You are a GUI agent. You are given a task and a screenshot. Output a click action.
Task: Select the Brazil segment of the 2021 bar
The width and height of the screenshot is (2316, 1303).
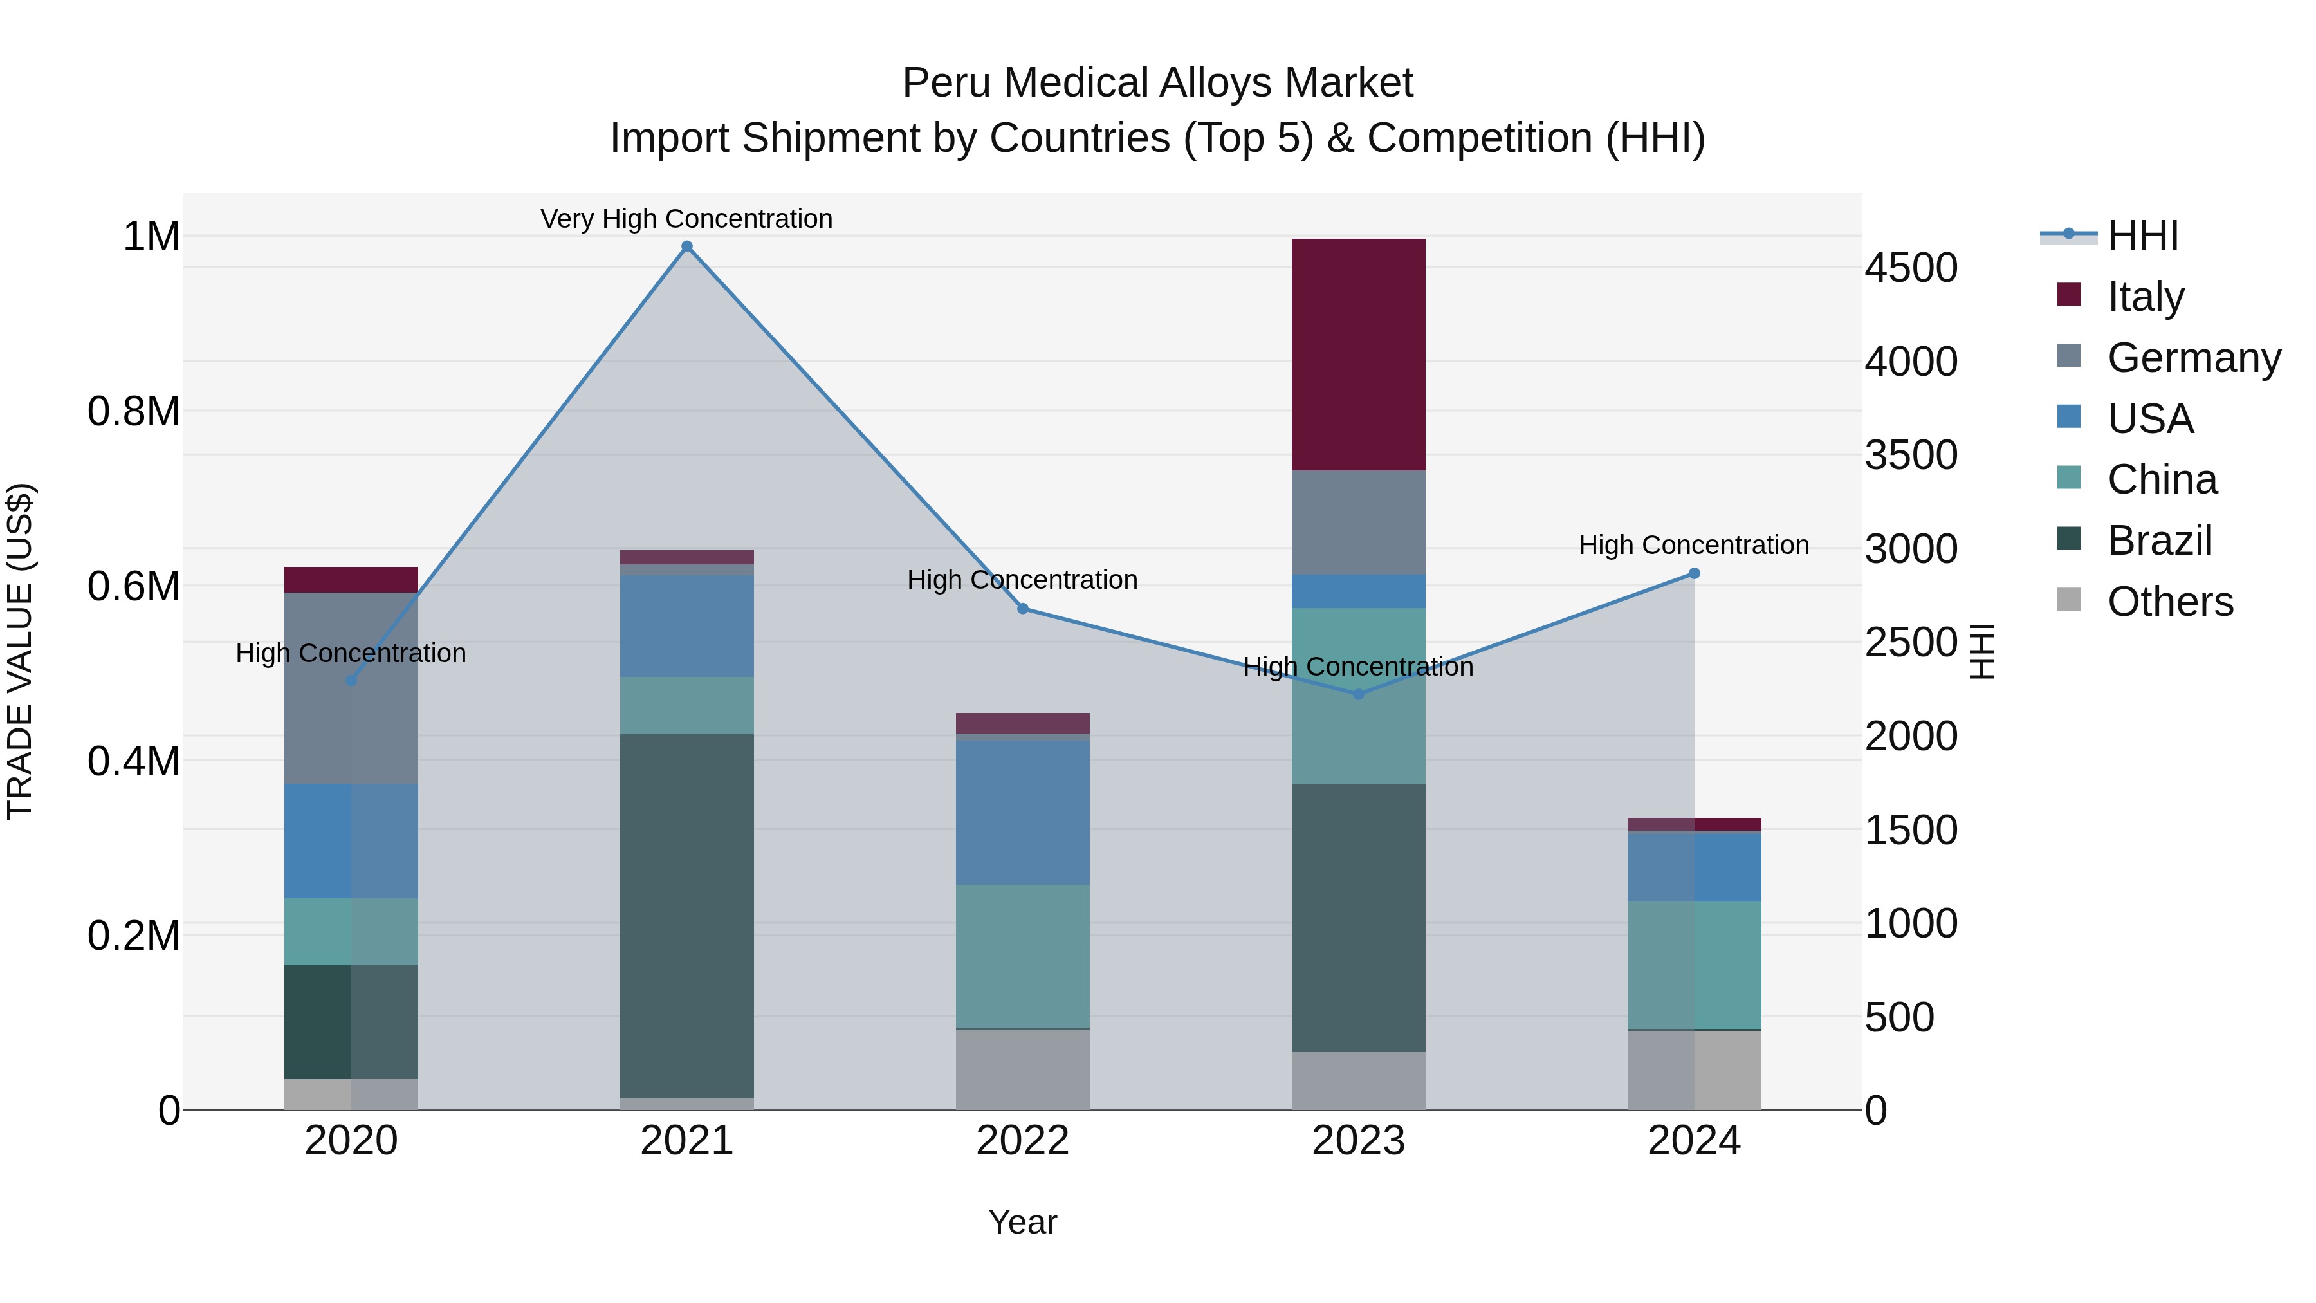(x=687, y=916)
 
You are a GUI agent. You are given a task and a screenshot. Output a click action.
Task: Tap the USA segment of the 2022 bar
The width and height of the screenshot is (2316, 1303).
(x=1022, y=812)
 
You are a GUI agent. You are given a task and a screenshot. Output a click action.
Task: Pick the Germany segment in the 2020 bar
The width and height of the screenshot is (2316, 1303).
(x=351, y=688)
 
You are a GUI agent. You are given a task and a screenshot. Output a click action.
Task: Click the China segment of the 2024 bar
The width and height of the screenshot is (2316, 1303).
(x=1694, y=965)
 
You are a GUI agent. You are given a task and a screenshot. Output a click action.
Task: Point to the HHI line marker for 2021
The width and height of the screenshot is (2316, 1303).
(x=687, y=246)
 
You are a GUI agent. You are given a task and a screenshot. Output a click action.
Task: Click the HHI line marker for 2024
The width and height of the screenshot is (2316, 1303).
(x=1694, y=574)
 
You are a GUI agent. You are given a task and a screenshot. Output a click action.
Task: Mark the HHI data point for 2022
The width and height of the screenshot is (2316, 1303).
(x=1022, y=609)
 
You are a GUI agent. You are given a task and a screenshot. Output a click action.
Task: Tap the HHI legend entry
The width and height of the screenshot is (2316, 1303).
(x=2142, y=236)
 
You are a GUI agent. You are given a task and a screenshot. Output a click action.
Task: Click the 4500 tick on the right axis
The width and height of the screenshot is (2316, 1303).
(x=1911, y=268)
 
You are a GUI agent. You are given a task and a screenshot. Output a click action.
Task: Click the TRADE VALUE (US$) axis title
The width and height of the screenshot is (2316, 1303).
(x=20, y=651)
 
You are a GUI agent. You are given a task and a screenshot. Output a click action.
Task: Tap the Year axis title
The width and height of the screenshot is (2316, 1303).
(x=1022, y=1222)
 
